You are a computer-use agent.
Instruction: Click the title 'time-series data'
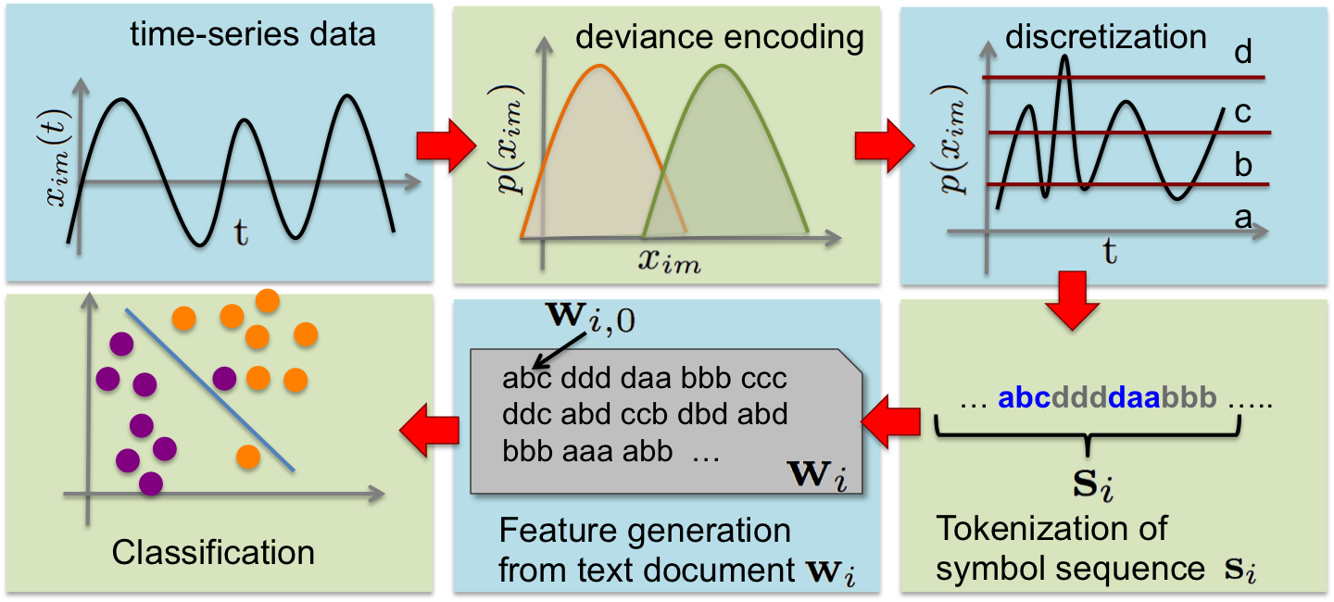click(x=253, y=35)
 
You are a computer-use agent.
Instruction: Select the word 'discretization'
click(x=1105, y=36)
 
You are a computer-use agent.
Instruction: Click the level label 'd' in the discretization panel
click(x=1242, y=53)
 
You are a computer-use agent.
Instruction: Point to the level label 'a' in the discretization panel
click(x=1242, y=219)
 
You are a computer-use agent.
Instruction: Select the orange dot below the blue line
click(x=247, y=457)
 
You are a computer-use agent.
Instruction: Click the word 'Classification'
click(x=213, y=552)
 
